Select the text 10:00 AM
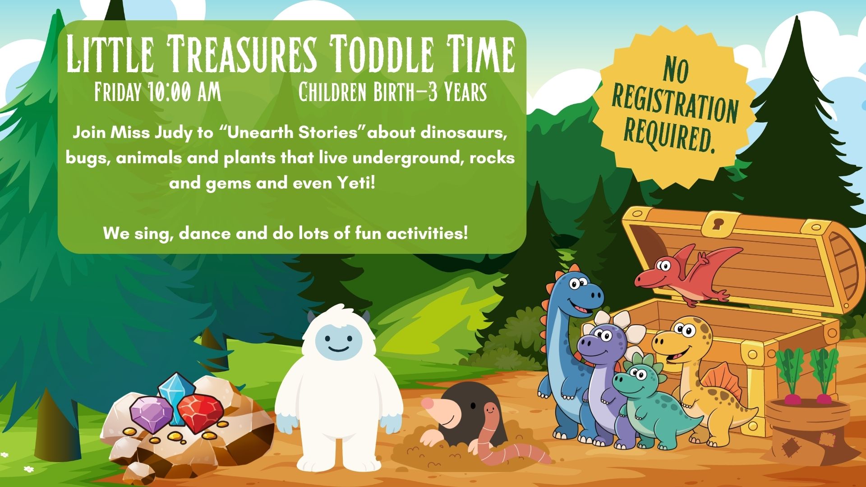184,92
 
